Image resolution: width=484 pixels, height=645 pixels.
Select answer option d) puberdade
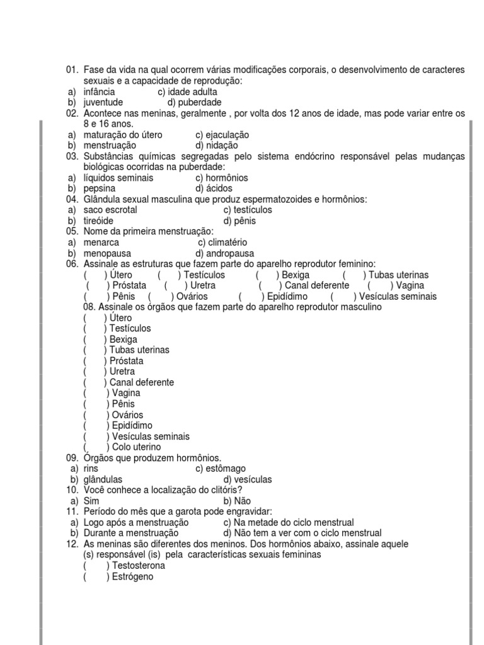[x=194, y=102]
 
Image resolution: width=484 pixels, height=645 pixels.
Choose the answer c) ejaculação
[x=222, y=135]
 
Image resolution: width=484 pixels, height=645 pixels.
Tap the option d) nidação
[x=216, y=146]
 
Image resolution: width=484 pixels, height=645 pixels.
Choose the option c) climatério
[x=222, y=243]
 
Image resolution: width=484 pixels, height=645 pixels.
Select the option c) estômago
[x=220, y=469]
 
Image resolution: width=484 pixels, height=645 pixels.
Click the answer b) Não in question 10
[x=228, y=501]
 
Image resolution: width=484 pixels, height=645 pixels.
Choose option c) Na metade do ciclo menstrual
[x=288, y=522]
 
